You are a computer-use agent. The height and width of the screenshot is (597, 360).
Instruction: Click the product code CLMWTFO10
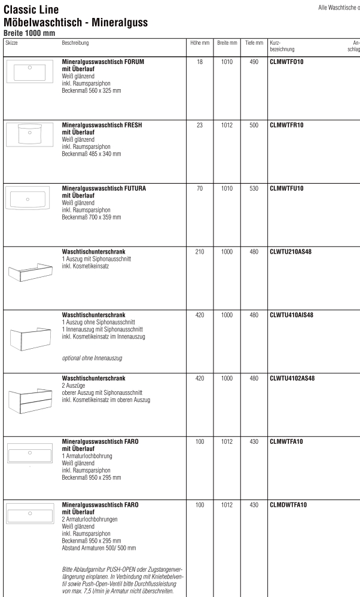(287, 61)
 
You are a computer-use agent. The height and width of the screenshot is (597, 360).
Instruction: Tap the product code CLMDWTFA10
(289, 505)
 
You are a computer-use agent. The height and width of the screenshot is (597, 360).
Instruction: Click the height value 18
(200, 61)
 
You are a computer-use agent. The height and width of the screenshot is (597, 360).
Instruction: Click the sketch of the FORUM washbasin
(29, 72)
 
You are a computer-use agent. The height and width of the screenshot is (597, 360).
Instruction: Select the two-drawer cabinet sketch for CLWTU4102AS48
(29, 401)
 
